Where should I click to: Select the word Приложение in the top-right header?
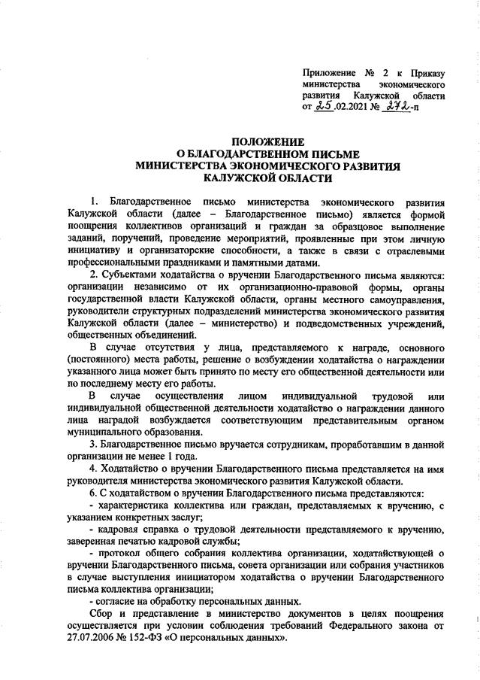point(328,74)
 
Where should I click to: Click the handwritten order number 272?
point(398,108)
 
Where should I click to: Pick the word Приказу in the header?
point(427,74)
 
